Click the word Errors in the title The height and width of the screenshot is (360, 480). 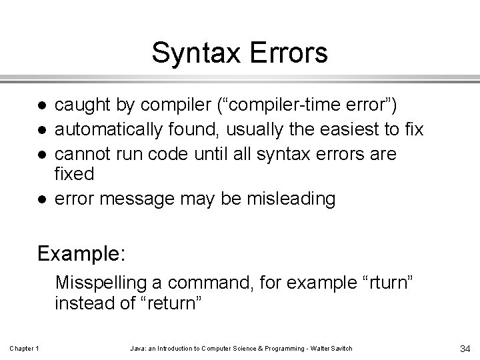(x=287, y=53)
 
